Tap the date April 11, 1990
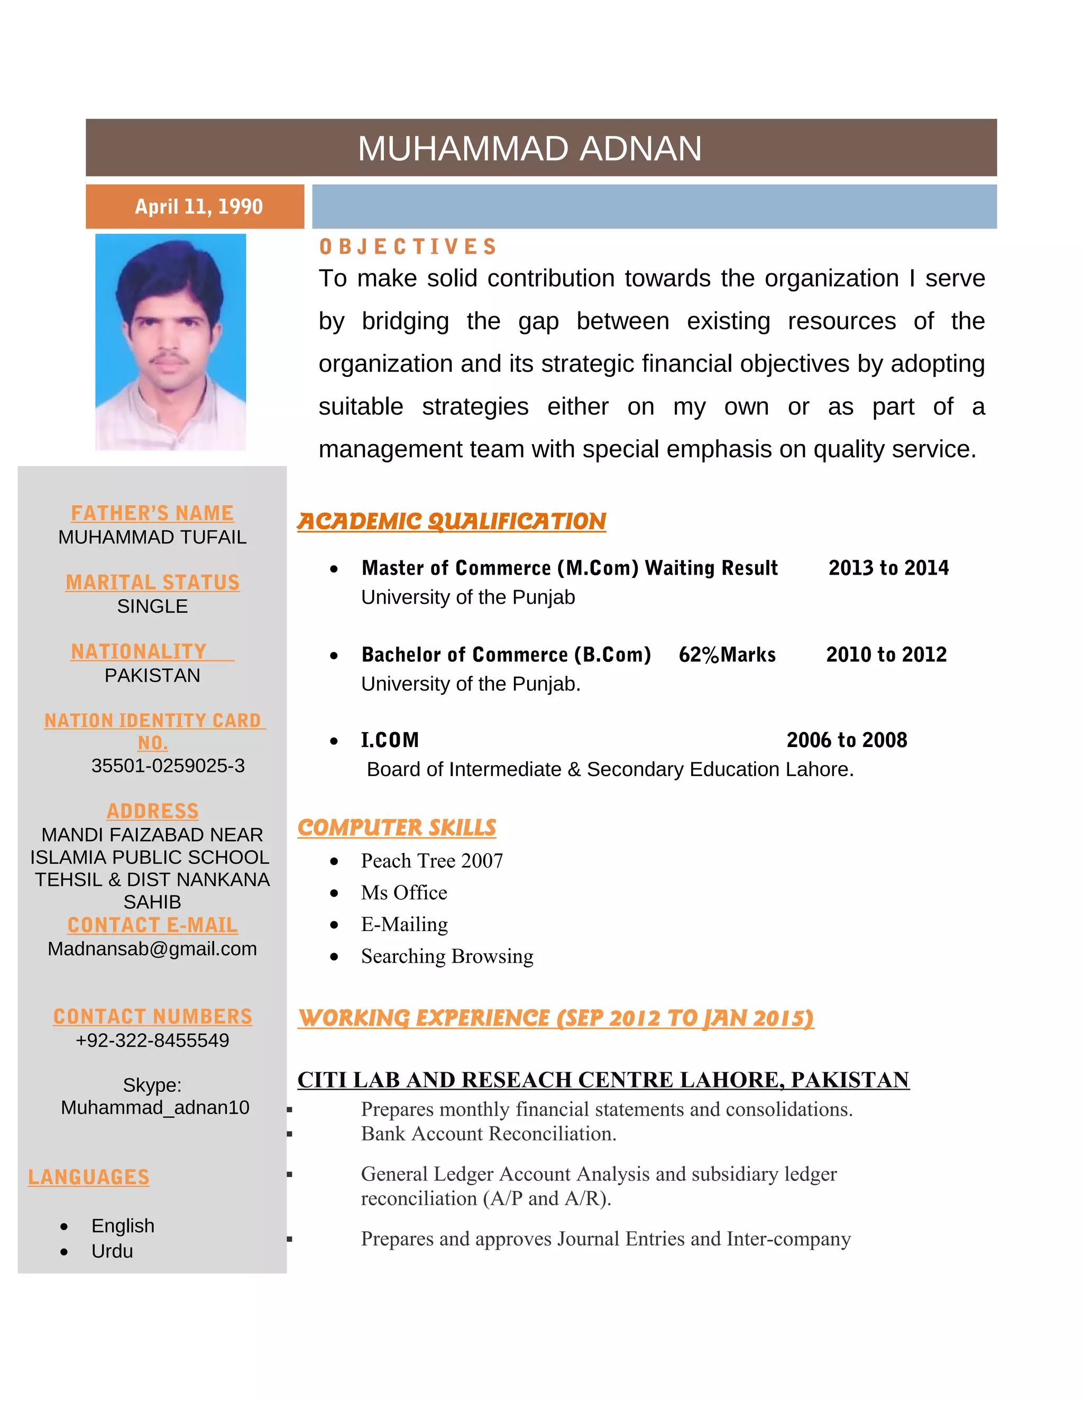click(198, 207)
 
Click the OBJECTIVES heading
click(408, 247)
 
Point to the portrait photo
click(171, 342)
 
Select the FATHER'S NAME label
click(152, 513)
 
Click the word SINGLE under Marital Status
click(152, 606)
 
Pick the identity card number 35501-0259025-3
click(168, 766)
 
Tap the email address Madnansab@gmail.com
click(152, 949)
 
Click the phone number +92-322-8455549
click(152, 1040)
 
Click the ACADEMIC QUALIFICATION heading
click(451, 521)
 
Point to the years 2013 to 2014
click(888, 568)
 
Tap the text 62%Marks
click(727, 655)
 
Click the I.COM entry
click(389, 740)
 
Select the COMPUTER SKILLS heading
click(397, 827)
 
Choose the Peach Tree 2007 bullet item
click(432, 861)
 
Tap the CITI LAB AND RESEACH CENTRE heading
click(603, 1080)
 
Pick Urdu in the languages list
click(112, 1251)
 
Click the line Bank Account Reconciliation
click(488, 1134)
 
